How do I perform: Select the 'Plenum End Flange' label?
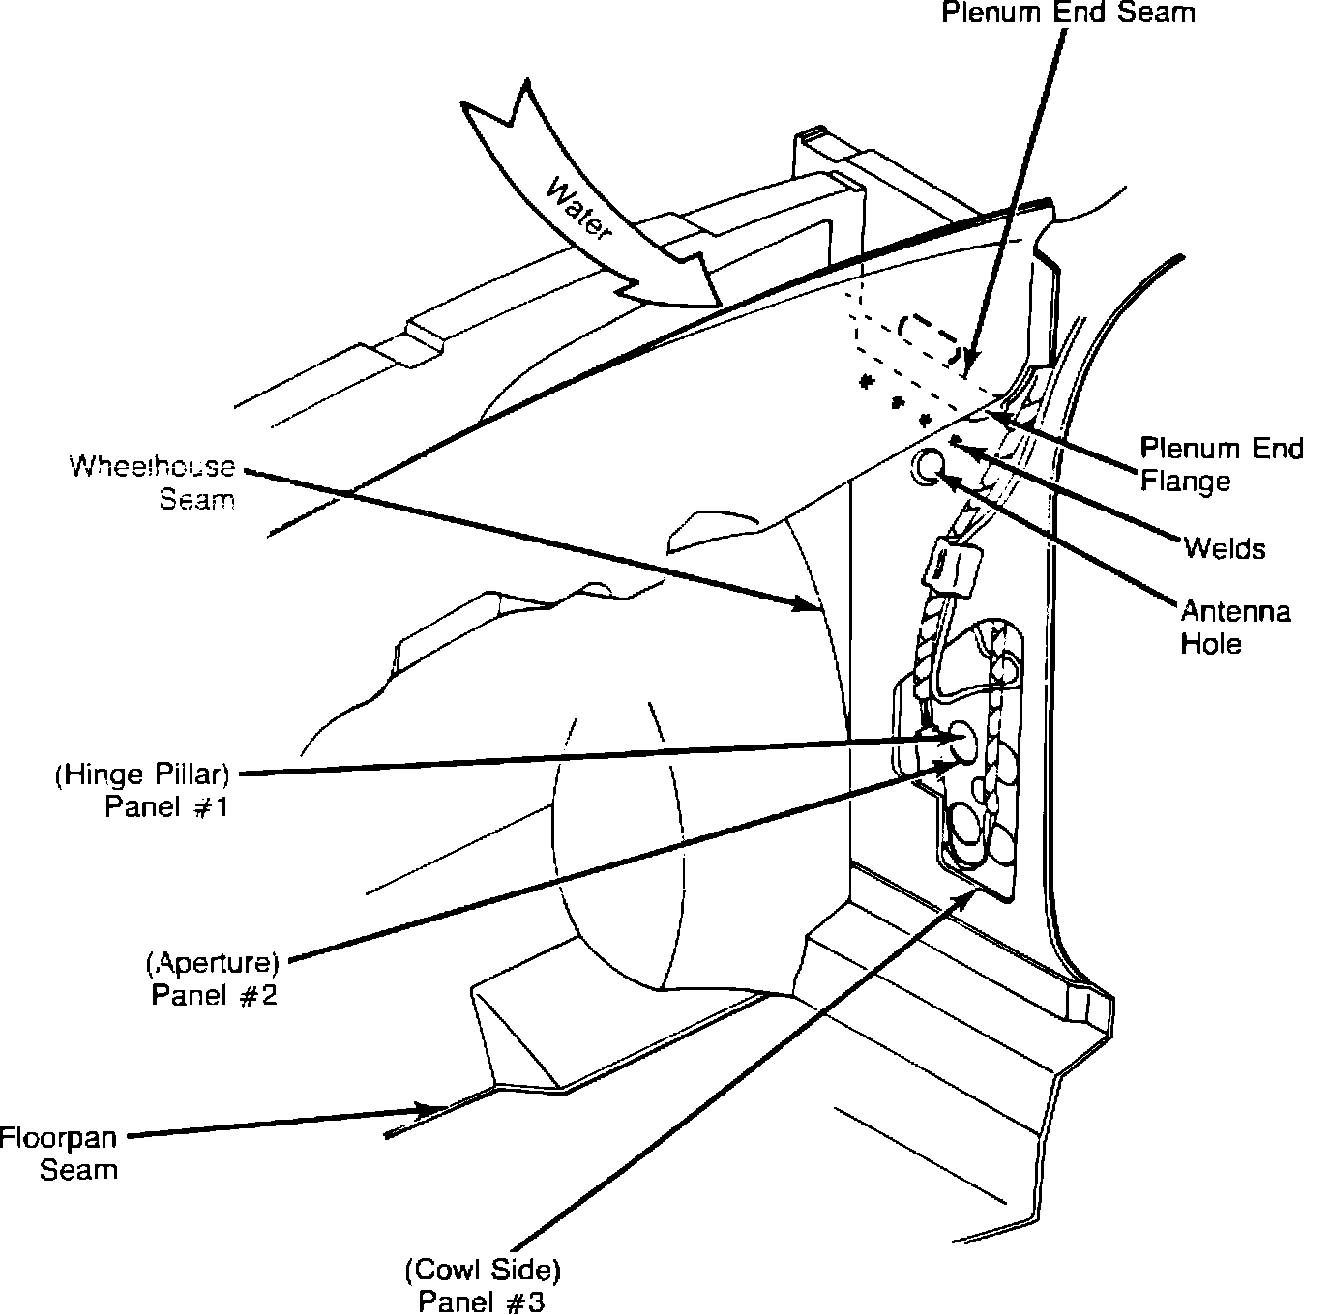(x=1221, y=464)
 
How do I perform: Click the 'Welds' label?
(x=1224, y=548)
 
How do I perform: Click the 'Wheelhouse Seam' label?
(x=153, y=482)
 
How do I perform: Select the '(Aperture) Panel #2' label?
(x=214, y=979)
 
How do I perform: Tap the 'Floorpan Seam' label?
(x=59, y=1153)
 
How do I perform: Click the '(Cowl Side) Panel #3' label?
(x=483, y=1284)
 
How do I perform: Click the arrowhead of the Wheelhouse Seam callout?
(x=813, y=607)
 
